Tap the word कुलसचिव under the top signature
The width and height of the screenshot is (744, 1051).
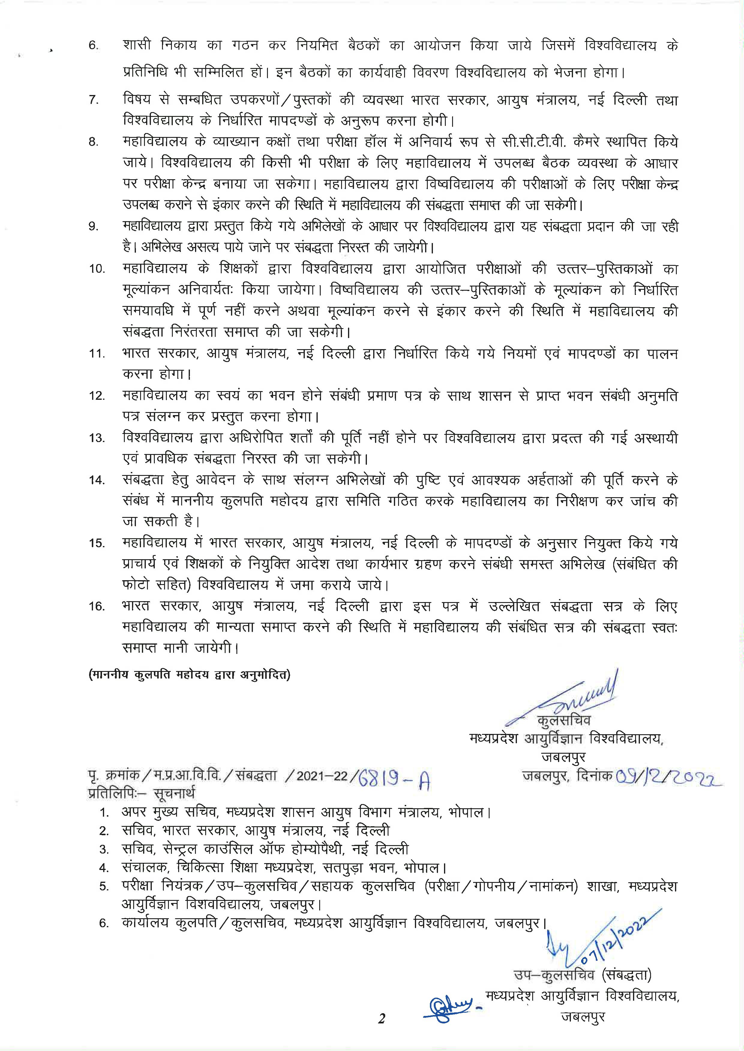[x=563, y=720]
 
